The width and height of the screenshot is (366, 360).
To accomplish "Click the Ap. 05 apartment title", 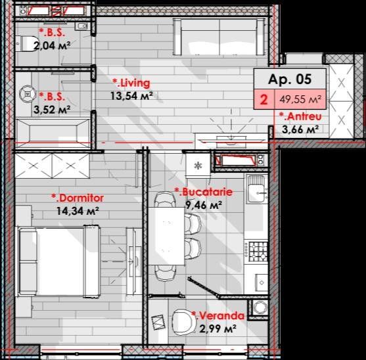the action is point(290,79).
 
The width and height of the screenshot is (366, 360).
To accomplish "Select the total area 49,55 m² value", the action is point(300,99).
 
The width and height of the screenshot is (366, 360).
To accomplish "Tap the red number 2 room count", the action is point(263,100).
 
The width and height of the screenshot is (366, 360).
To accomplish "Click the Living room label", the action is point(131,83).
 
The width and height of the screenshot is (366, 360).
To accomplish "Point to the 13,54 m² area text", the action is point(131,96).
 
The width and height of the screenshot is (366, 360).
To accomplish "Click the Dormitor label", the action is point(78,198).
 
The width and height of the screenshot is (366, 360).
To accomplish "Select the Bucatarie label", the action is point(204,192).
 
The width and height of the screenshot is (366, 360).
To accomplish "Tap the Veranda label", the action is point(218,315).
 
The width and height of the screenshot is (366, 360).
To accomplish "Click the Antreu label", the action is point(301,116).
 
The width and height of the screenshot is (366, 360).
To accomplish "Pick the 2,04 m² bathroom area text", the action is point(52,45).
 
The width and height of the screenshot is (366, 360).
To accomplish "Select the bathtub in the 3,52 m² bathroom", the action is point(53,133).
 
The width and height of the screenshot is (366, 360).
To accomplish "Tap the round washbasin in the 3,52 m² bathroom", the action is point(28,94).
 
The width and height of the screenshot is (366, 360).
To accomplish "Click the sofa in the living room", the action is point(219,37).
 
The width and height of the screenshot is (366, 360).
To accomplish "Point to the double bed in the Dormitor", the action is point(59,261).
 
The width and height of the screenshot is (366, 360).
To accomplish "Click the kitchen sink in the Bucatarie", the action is point(257,189).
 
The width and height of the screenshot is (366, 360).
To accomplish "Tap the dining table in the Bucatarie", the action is point(166,236).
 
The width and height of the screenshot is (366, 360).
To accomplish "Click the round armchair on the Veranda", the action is point(185,323).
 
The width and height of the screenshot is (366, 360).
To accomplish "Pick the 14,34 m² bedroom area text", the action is point(78,211).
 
